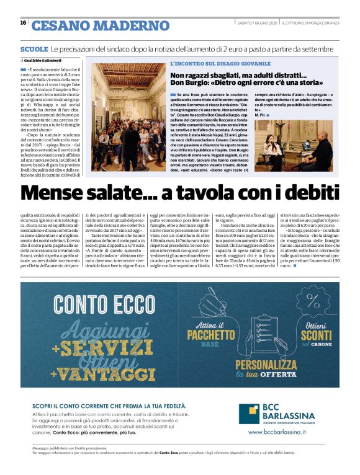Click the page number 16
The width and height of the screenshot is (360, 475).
(23, 23)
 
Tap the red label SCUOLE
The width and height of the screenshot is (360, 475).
(34, 49)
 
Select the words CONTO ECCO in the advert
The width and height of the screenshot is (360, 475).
(103, 306)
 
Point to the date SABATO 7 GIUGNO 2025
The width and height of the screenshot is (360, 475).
(258, 23)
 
